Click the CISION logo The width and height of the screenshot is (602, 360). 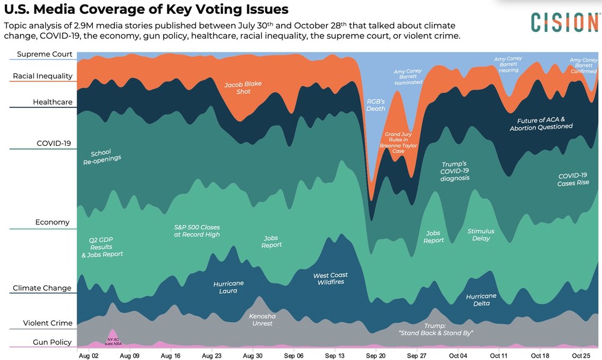point(564,22)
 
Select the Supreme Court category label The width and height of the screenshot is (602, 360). point(45,54)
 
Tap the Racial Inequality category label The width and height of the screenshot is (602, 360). point(43,76)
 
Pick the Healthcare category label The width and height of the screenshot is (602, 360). point(52,102)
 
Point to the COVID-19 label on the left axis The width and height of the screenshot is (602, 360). point(54,144)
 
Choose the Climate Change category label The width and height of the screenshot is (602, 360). point(42,288)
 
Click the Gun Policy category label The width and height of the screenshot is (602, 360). point(52,342)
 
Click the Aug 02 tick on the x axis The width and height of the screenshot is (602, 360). point(89,356)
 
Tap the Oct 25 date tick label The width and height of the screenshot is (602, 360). point(581,356)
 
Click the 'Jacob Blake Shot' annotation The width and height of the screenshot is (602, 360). point(243,88)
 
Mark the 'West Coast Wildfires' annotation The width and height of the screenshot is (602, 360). point(330,279)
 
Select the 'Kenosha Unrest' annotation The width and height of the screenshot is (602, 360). point(261,320)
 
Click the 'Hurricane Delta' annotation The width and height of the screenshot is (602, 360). point(481,300)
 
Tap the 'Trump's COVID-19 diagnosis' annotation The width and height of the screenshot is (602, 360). point(454,171)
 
